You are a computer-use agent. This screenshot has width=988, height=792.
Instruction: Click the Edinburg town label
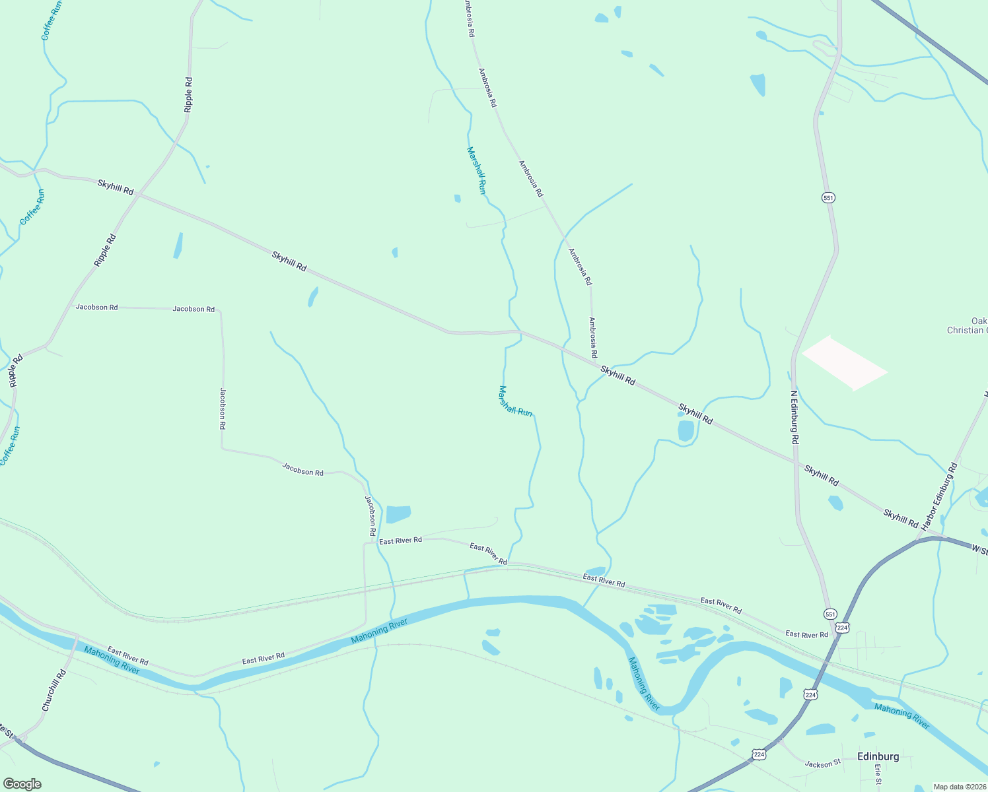coord(878,756)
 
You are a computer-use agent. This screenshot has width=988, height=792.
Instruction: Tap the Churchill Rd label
coord(54,690)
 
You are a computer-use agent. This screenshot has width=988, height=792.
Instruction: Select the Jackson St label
coord(822,764)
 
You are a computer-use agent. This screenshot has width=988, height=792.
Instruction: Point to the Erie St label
coord(878,774)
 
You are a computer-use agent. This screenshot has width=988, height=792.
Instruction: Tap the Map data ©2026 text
coord(960,787)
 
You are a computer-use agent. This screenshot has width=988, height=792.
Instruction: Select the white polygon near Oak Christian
coord(844,362)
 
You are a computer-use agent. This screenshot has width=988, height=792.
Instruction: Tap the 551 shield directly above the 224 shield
coord(830,614)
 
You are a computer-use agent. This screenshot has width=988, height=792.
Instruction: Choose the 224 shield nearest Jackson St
coord(758,754)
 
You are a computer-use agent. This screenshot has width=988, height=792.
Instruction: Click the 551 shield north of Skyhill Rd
coord(829,197)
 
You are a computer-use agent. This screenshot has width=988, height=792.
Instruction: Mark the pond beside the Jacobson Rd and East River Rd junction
coord(398,513)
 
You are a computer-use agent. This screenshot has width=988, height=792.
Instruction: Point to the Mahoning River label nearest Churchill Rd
coord(112,660)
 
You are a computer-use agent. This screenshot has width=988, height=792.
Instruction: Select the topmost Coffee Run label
coord(52,20)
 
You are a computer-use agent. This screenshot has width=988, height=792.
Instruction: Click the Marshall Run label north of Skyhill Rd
coord(476,170)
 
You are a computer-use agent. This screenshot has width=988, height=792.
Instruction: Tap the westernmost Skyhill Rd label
coord(116,187)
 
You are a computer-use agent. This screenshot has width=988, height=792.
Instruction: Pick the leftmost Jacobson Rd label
coord(96,307)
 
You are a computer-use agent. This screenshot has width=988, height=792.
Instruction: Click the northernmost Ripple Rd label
coord(189,94)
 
